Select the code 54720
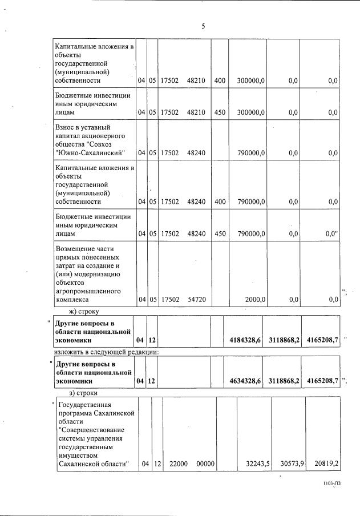196,299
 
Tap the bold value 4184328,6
245,340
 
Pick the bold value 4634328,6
245,380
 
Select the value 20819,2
325,464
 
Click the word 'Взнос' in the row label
66,127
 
